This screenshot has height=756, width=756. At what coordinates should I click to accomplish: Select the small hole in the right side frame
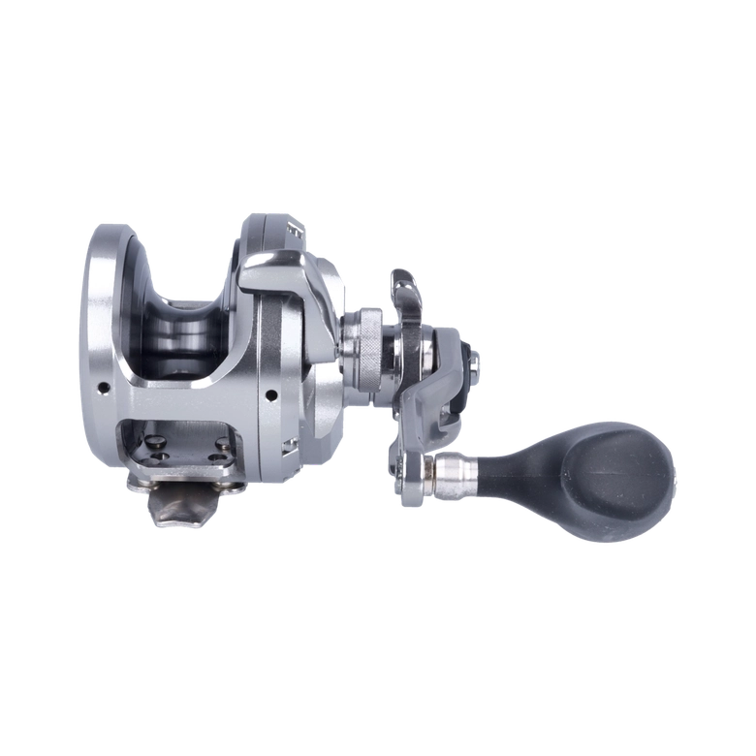coord(269,394)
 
